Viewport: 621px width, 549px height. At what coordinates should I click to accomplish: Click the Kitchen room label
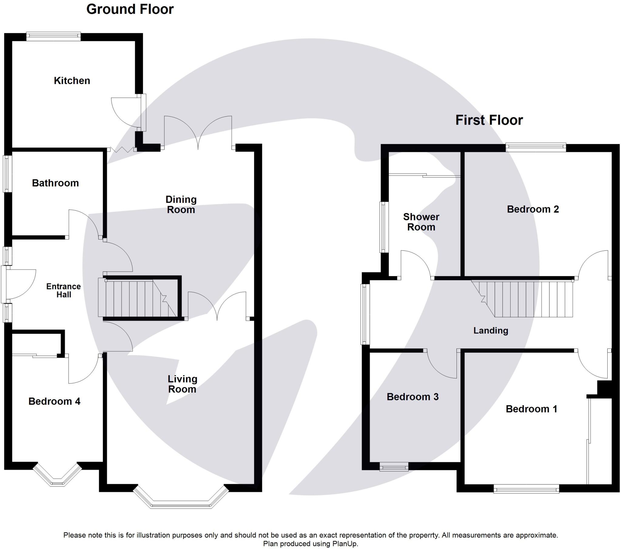click(72, 81)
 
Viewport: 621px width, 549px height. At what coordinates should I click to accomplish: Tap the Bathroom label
click(55, 183)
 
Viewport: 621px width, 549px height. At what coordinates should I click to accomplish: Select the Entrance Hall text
click(63, 290)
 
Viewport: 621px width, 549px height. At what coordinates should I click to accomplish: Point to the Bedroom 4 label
click(54, 401)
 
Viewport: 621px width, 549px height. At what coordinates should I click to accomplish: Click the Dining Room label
click(181, 204)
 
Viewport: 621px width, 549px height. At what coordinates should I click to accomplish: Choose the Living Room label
click(182, 384)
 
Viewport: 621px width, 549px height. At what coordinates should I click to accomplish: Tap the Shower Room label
click(421, 222)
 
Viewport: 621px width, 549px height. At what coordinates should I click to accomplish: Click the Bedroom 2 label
click(533, 209)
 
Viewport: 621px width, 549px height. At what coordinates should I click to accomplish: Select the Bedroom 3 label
click(413, 397)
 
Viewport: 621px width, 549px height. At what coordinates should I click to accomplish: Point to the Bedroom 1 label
click(531, 409)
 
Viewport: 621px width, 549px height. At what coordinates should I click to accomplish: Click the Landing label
click(491, 330)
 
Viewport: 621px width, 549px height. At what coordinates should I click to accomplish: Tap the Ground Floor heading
click(130, 9)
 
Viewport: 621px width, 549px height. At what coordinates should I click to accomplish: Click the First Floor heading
click(489, 120)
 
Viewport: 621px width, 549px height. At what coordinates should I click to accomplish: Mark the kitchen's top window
click(53, 36)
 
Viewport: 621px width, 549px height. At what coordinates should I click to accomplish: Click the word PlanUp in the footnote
click(346, 544)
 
